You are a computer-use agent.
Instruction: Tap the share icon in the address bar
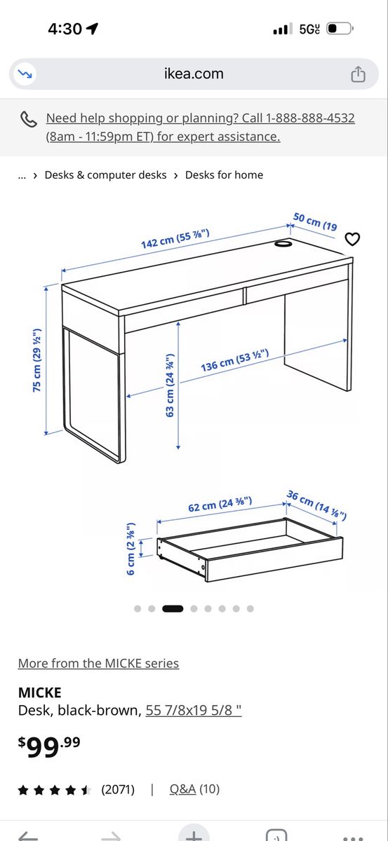[x=358, y=74]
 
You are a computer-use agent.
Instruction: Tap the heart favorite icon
[x=353, y=240]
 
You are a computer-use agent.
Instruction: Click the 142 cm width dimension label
[x=175, y=238]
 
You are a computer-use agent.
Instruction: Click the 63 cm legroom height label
[x=170, y=386]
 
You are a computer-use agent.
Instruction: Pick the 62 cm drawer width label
[x=220, y=505]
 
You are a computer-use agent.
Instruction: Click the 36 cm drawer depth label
[x=317, y=505]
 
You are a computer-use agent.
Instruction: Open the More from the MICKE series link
[x=98, y=663]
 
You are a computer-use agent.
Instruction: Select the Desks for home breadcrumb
[x=224, y=175]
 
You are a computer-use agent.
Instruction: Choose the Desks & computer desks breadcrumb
[x=105, y=175]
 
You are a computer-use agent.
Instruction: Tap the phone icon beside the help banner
[x=29, y=118]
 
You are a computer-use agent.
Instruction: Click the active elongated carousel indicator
[x=173, y=608]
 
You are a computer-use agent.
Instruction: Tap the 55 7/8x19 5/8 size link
[x=194, y=711]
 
